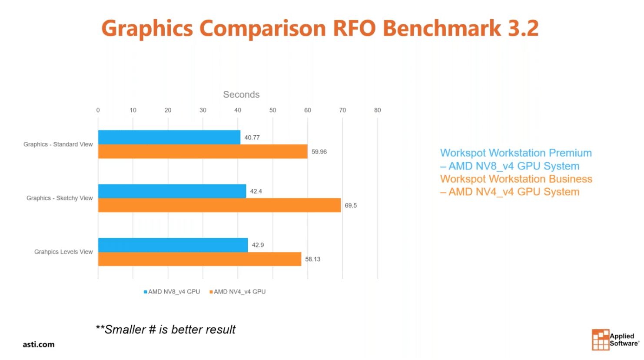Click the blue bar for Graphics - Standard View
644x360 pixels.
tap(169, 137)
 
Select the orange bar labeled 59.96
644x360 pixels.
tap(202, 152)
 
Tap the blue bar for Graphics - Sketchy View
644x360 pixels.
tap(172, 191)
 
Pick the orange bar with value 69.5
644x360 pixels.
tap(219, 205)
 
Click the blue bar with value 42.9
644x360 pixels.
tap(173, 245)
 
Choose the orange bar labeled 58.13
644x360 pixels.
tap(199, 259)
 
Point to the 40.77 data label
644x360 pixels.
tap(252, 137)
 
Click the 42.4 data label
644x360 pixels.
tap(256, 191)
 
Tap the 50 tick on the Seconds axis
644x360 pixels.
tap(272, 110)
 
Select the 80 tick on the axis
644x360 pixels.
tap(377, 110)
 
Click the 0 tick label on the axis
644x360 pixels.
tap(98, 110)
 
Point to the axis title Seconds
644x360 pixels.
tap(241, 95)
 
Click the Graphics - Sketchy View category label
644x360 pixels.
tap(60, 198)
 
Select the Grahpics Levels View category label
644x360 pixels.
tap(63, 252)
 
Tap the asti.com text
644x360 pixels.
tap(39, 344)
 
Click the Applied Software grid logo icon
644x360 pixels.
tap(600, 339)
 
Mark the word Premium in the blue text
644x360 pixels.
tap(570, 153)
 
